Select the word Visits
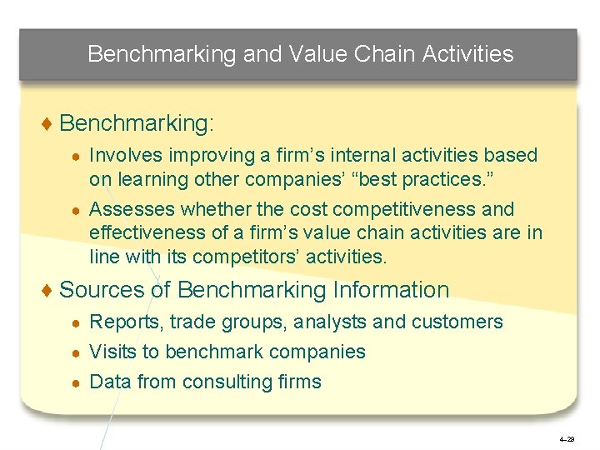[x=112, y=352]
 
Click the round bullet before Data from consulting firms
[x=75, y=382]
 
